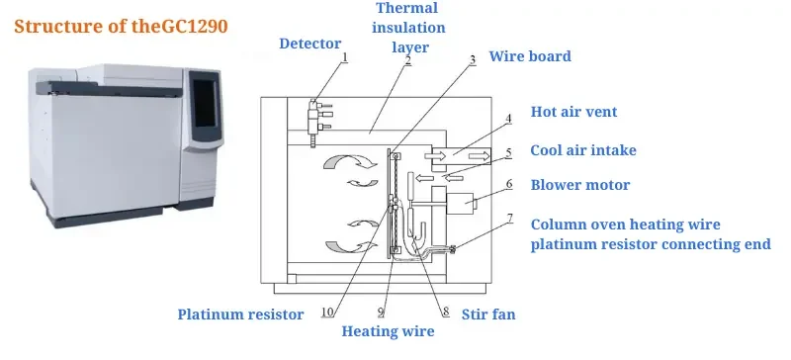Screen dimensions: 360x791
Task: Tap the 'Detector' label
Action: tap(309, 44)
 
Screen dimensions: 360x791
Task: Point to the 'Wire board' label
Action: tap(530, 56)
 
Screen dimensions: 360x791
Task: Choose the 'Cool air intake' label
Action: tap(582, 150)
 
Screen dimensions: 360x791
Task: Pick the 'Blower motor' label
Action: tap(579, 184)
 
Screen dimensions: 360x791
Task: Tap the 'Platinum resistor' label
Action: tap(240, 315)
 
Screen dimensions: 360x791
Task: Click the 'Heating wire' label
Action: tap(388, 331)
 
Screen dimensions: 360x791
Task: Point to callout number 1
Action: tap(344, 57)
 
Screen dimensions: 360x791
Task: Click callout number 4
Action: tap(509, 119)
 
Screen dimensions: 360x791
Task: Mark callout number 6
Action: tap(509, 183)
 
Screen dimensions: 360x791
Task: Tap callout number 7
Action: tap(509, 218)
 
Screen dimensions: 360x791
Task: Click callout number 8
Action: tap(445, 312)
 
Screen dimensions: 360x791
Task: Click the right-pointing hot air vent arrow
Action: tap(481, 155)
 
